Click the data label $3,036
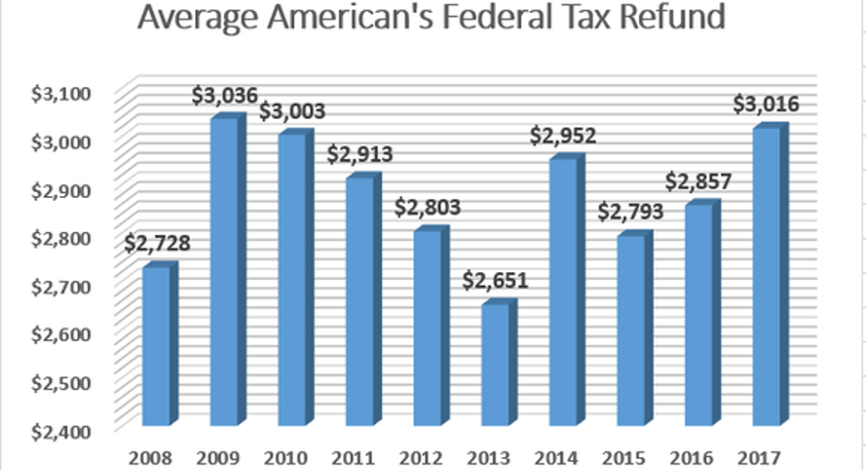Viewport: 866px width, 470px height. coord(224,95)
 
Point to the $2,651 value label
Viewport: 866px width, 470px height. coord(495,280)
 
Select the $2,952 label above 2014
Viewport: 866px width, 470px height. coord(563,136)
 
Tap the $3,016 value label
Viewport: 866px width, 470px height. coord(766,104)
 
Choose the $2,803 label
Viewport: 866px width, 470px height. coord(427,208)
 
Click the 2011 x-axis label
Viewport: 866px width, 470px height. coord(359,456)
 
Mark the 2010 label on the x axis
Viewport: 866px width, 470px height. coord(291,456)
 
